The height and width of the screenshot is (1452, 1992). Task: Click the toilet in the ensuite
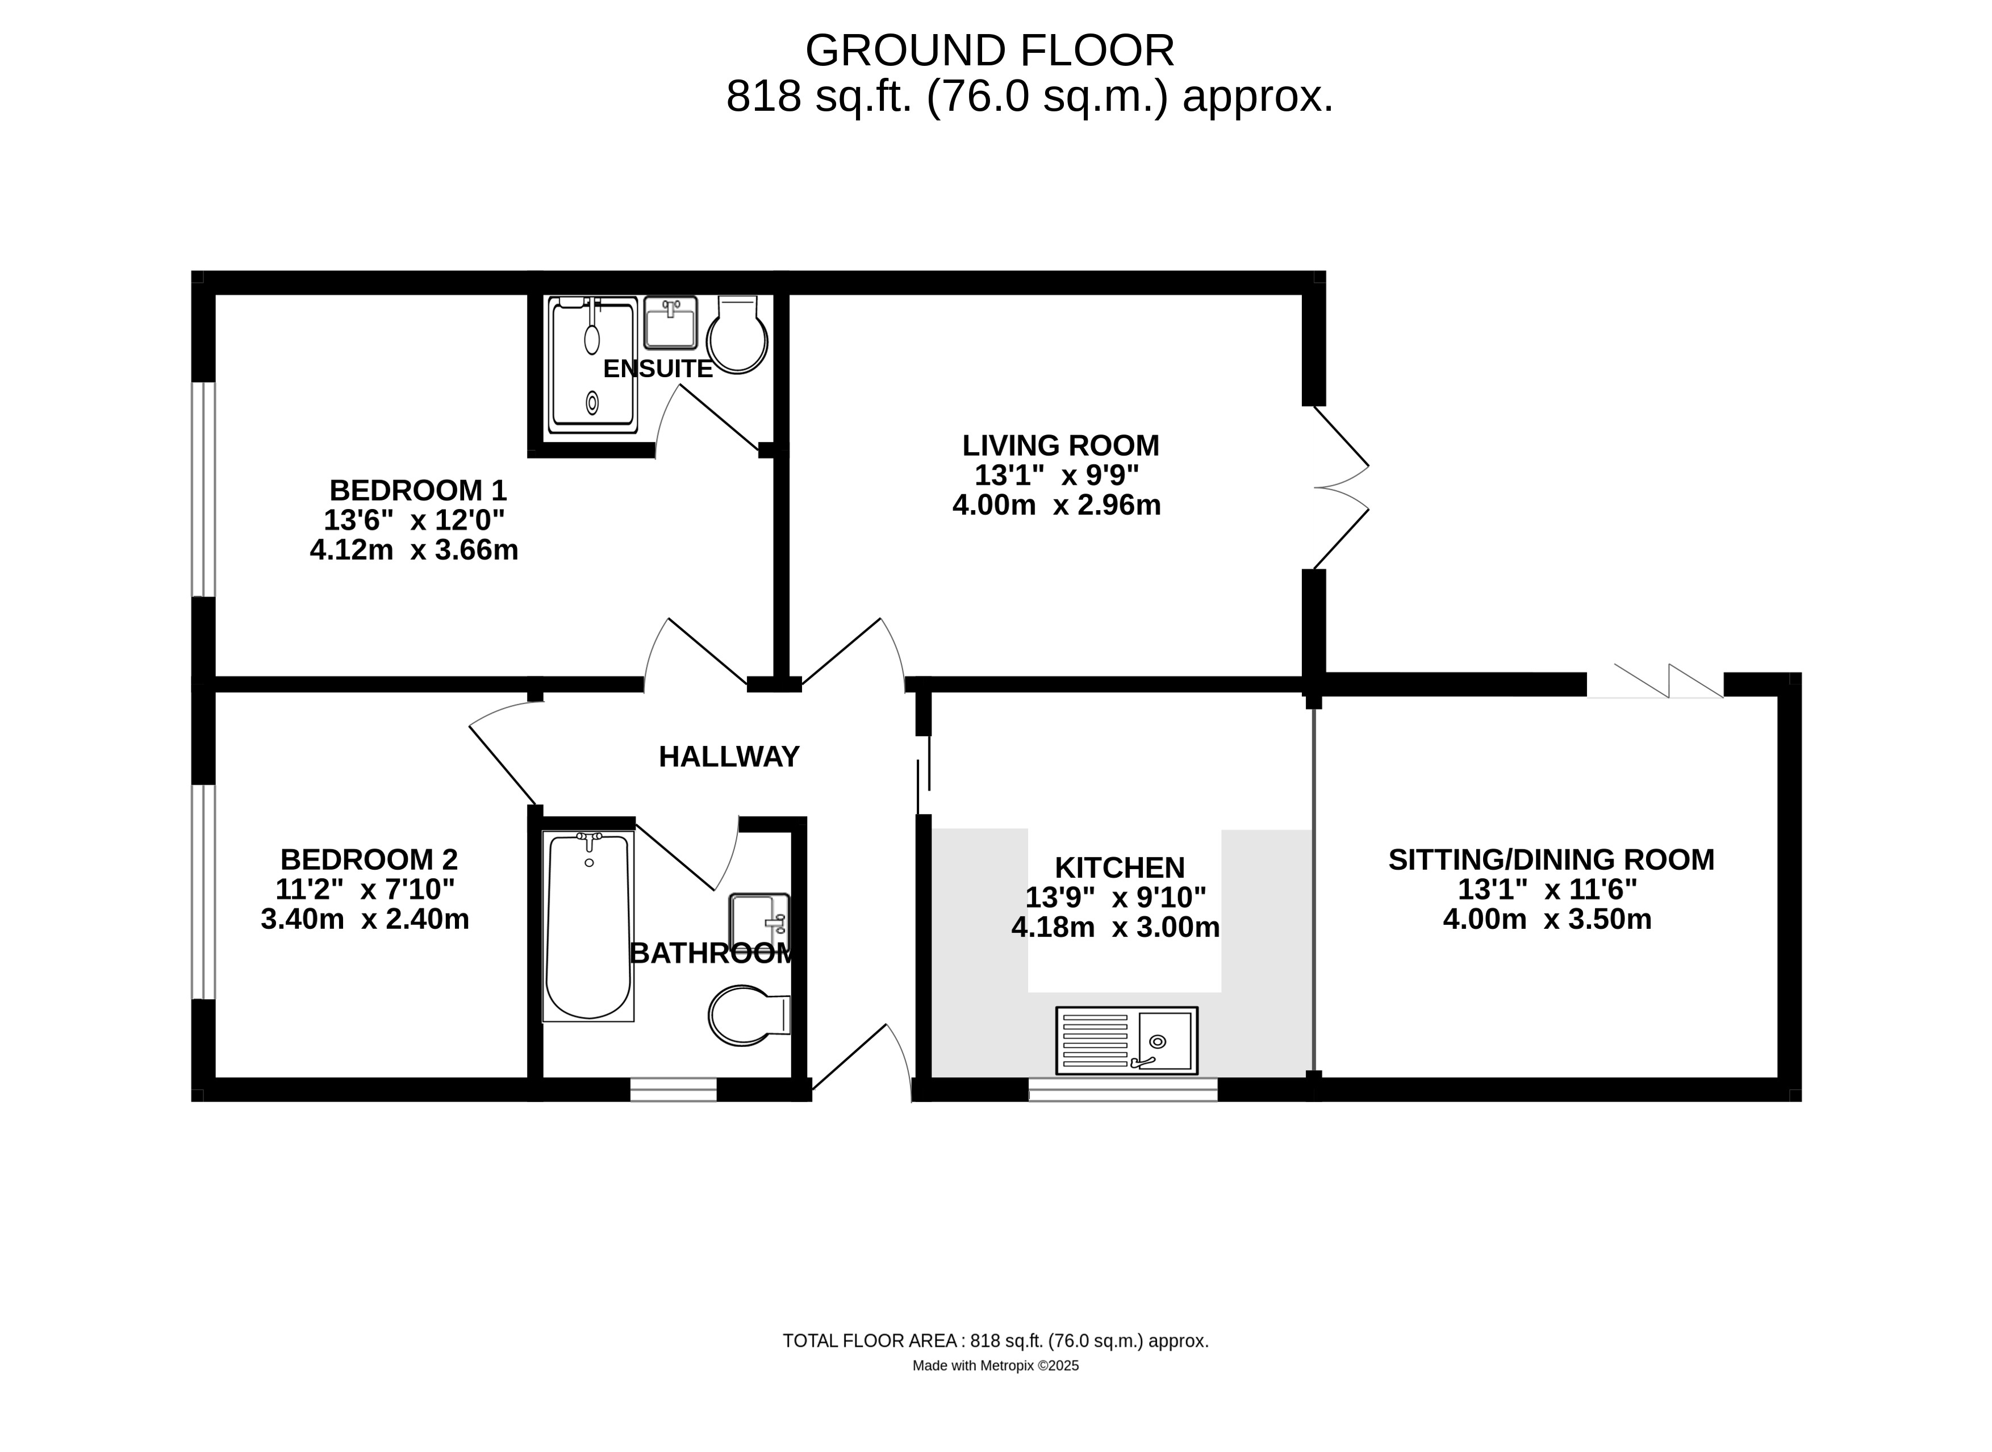pyautogui.click(x=738, y=335)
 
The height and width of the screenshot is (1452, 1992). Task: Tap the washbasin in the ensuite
pyautogui.click(x=670, y=323)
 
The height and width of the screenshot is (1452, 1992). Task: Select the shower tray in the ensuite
pyautogui.click(x=592, y=365)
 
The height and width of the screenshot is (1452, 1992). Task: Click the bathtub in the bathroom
pyautogui.click(x=588, y=927)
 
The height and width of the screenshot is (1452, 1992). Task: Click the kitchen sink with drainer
pyautogui.click(x=1126, y=1041)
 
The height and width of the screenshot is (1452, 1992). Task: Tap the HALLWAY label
pyautogui.click(x=729, y=757)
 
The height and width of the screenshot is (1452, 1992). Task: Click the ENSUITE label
pyautogui.click(x=657, y=369)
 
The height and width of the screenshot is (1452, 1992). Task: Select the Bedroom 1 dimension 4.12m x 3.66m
pyautogui.click(x=414, y=550)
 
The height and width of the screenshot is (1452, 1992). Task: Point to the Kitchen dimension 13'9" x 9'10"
pyautogui.click(x=1116, y=898)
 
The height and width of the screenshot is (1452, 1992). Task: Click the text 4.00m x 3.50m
pyautogui.click(x=1547, y=919)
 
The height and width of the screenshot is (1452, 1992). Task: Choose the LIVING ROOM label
pyautogui.click(x=1060, y=445)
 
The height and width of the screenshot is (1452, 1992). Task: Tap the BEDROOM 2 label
pyautogui.click(x=369, y=859)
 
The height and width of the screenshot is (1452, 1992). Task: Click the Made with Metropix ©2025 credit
pyautogui.click(x=996, y=1366)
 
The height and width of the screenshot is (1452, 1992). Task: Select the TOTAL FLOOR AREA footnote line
pyautogui.click(x=996, y=1341)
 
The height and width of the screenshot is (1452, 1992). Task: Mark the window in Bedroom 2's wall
pyautogui.click(x=204, y=892)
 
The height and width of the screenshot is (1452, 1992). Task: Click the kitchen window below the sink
pyautogui.click(x=1123, y=1090)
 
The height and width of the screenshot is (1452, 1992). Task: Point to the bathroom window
pyautogui.click(x=674, y=1090)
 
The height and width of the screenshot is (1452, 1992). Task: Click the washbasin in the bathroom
pyautogui.click(x=759, y=922)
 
